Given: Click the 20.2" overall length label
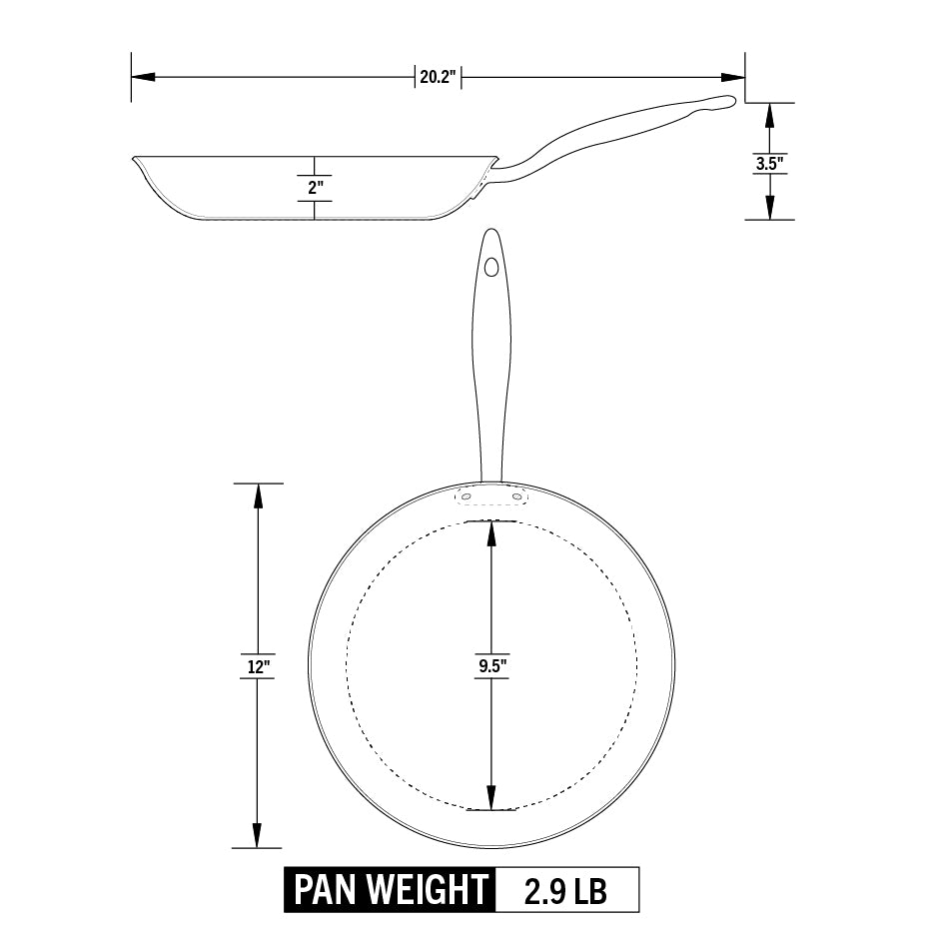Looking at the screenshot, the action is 438,77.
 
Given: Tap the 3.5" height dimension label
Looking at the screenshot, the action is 769,163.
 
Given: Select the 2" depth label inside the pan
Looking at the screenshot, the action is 316,187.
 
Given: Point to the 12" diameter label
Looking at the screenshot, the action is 259,666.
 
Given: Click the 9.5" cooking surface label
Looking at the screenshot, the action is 492,666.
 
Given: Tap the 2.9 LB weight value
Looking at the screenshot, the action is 565,889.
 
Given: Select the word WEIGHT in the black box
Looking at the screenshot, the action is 428,889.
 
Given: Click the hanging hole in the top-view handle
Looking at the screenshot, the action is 491,267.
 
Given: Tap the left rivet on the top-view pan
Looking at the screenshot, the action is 466,496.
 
